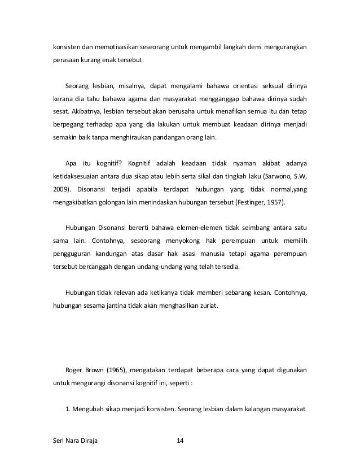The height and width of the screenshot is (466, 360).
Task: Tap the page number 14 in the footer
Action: [x=181, y=441]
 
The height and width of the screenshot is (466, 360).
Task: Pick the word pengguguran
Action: [x=69, y=254]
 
